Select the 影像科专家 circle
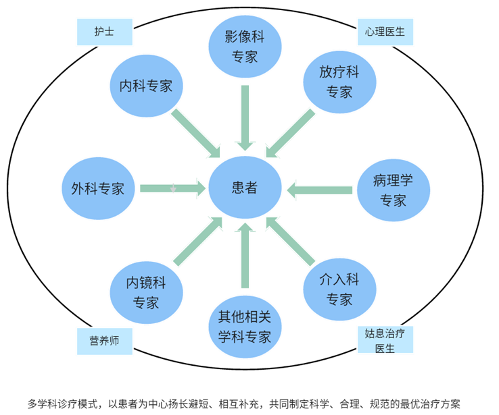pyautogui.click(x=245, y=47)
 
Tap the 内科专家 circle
pyautogui.click(x=146, y=86)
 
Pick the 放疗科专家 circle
pyautogui.click(x=339, y=82)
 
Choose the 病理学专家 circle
pyautogui.click(x=393, y=190)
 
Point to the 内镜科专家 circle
pyautogui.click(x=146, y=292)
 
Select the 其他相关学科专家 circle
pyautogui.click(x=244, y=327)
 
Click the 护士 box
pyautogui.click(x=103, y=31)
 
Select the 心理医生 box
pyautogui.click(x=385, y=31)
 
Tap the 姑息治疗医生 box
pyautogui.click(x=385, y=340)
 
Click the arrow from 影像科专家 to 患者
pyautogui.click(x=245, y=117)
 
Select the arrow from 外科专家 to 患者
pyautogui.click(x=173, y=188)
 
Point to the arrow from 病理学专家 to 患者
pyautogui.click(x=319, y=190)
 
